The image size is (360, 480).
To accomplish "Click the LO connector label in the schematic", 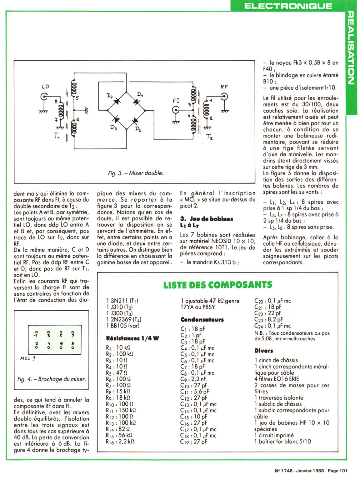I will pos(45,86).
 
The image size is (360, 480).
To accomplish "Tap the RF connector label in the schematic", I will pos(224,87).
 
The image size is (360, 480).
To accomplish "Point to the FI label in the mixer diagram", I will pos(176,101).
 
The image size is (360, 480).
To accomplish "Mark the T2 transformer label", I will pos(210,137).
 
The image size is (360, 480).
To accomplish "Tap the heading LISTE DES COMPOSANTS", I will pos(217,285).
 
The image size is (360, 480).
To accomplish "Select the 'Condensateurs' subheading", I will pos(202,320).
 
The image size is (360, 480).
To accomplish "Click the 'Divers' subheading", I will pos(263,351).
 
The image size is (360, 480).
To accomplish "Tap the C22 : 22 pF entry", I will pos(268,313).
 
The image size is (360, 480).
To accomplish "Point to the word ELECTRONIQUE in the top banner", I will pos(288,6).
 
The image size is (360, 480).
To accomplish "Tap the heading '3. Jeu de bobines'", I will pos(207,219).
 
